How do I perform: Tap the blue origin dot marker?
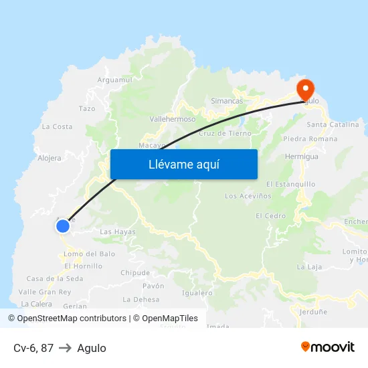point(63,226)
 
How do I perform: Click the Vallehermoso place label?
point(173,119)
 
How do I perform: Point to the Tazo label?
point(87,108)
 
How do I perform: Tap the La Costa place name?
point(57,126)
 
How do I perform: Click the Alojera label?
point(50,159)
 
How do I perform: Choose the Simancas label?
point(227,101)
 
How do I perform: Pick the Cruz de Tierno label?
point(225,133)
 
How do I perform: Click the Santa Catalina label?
point(333,124)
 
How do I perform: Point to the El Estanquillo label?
point(290,184)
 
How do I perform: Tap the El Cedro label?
point(270,216)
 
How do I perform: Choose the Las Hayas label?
point(117,232)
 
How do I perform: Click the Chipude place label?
point(135,273)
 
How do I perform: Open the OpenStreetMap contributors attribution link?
point(67,318)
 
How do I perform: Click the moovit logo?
point(328,347)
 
